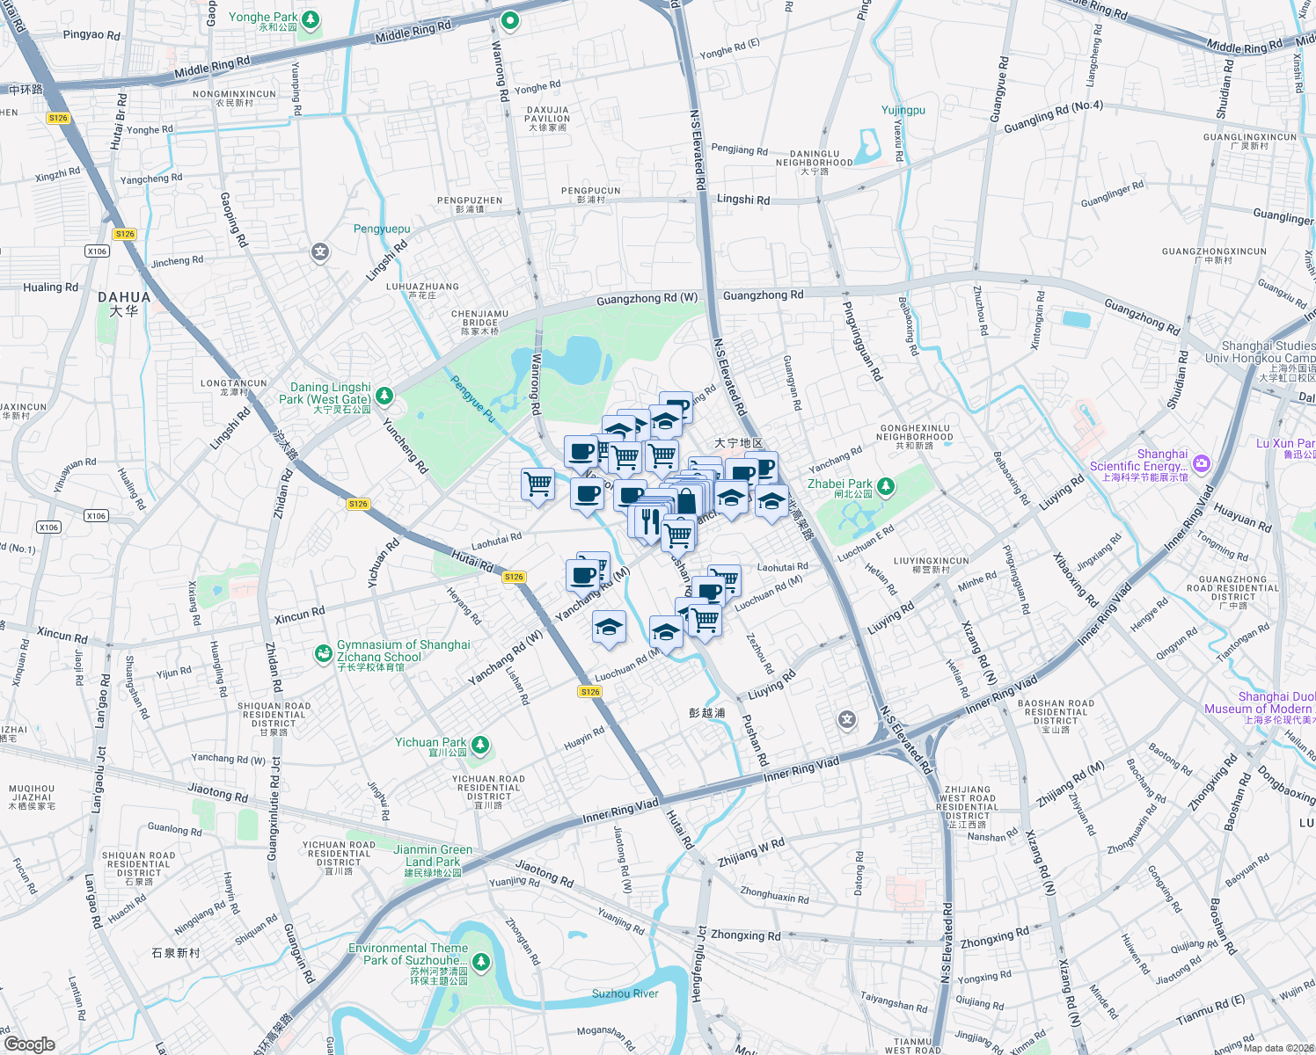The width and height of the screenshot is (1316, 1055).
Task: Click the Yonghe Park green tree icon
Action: coord(310,19)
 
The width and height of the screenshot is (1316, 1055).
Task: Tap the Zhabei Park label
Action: coord(839,484)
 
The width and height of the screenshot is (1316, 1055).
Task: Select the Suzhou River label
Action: coord(625,993)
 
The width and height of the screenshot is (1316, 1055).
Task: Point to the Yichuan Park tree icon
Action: coord(479,746)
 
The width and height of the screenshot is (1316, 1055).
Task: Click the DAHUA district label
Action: coord(124,298)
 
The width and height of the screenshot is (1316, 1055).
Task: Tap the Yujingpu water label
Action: coord(903,110)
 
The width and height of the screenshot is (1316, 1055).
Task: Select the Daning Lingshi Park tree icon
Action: coord(384,395)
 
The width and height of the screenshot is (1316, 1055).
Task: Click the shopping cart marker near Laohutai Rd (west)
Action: coord(537,484)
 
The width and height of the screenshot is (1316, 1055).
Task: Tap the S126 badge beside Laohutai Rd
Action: coord(514,577)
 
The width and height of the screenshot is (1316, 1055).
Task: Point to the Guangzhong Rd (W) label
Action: coord(647,300)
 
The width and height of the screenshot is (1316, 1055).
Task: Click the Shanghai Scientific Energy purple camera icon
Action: coord(1202,462)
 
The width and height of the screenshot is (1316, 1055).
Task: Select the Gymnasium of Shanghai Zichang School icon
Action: coord(324,653)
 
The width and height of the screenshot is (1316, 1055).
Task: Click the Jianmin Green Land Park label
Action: coord(433,855)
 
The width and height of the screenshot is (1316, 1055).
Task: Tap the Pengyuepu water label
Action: coord(382,229)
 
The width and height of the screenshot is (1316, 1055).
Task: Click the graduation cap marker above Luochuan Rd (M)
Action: coord(666,631)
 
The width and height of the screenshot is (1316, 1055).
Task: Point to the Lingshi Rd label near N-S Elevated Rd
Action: coord(742,200)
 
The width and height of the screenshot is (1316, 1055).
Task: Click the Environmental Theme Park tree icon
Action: coord(480,962)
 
